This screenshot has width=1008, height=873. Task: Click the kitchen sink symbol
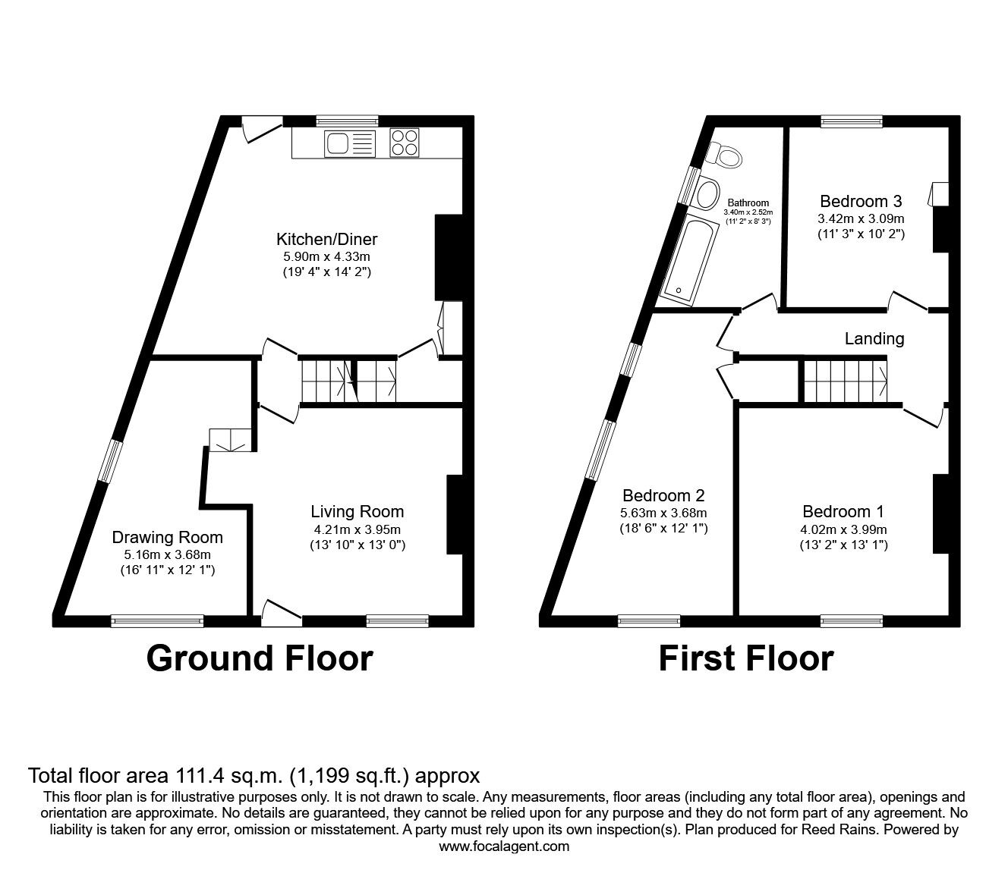tap(349, 143)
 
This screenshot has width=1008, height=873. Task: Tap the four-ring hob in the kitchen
tap(405, 143)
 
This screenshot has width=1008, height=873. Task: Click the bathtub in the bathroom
tap(686, 257)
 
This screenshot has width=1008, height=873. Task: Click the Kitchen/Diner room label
tap(326, 240)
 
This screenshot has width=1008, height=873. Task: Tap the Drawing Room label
tap(168, 538)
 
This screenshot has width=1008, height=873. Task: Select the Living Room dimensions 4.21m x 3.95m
tap(358, 529)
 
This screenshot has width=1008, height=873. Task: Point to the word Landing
tap(874, 339)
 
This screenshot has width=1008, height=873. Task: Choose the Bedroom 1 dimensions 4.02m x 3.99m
tap(843, 529)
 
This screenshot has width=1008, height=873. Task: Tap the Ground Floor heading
tap(260, 658)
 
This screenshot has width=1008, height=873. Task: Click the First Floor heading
tap(745, 658)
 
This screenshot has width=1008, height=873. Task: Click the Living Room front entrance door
tap(280, 611)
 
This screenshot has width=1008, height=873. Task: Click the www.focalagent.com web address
tap(504, 846)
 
